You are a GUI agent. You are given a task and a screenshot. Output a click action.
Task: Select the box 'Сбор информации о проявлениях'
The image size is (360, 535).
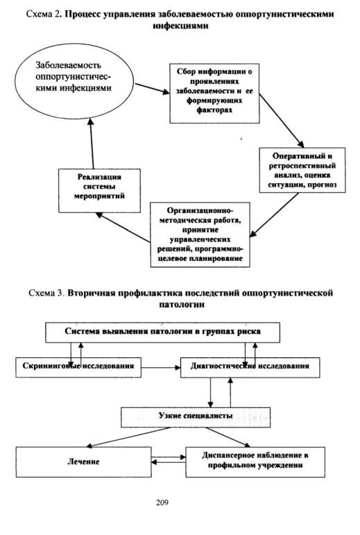[214, 93]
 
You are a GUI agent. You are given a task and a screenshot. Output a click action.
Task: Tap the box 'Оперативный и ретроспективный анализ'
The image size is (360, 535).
[302, 170]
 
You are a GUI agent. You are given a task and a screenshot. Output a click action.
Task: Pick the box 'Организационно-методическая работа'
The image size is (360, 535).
[200, 235]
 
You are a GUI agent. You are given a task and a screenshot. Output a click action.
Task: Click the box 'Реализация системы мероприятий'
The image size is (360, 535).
[99, 190]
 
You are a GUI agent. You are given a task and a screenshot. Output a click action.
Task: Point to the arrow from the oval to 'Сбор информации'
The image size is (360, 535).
[152, 88]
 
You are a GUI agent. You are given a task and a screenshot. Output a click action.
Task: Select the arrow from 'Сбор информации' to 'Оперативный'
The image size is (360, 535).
[282, 121]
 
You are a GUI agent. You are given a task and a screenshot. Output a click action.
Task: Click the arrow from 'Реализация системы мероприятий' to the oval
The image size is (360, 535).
[92, 144]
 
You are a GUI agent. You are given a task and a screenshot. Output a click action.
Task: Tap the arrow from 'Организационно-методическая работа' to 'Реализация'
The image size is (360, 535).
[123, 228]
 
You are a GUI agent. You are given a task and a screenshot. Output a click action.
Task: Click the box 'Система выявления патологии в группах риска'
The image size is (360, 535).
[162, 332]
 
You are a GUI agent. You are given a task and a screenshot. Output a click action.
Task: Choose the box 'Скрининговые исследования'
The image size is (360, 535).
[78, 367]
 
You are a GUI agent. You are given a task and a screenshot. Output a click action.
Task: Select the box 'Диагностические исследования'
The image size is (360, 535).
[250, 367]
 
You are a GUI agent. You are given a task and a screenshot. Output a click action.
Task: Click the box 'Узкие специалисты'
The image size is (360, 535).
[196, 417]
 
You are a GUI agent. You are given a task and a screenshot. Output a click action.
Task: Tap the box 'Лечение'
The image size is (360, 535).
[83, 462]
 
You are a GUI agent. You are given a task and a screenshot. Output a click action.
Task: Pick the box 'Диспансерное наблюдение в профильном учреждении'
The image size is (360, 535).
[255, 462]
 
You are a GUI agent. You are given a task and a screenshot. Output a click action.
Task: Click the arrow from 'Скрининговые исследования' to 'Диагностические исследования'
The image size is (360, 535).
[161, 368]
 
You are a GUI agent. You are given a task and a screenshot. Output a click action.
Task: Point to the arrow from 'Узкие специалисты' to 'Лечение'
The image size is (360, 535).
[128, 437]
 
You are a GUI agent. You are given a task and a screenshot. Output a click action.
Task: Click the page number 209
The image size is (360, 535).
[162, 502]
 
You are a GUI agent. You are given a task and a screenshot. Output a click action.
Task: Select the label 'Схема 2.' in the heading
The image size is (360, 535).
[44, 15]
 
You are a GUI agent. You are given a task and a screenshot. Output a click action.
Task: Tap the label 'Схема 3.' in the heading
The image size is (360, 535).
[46, 293]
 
